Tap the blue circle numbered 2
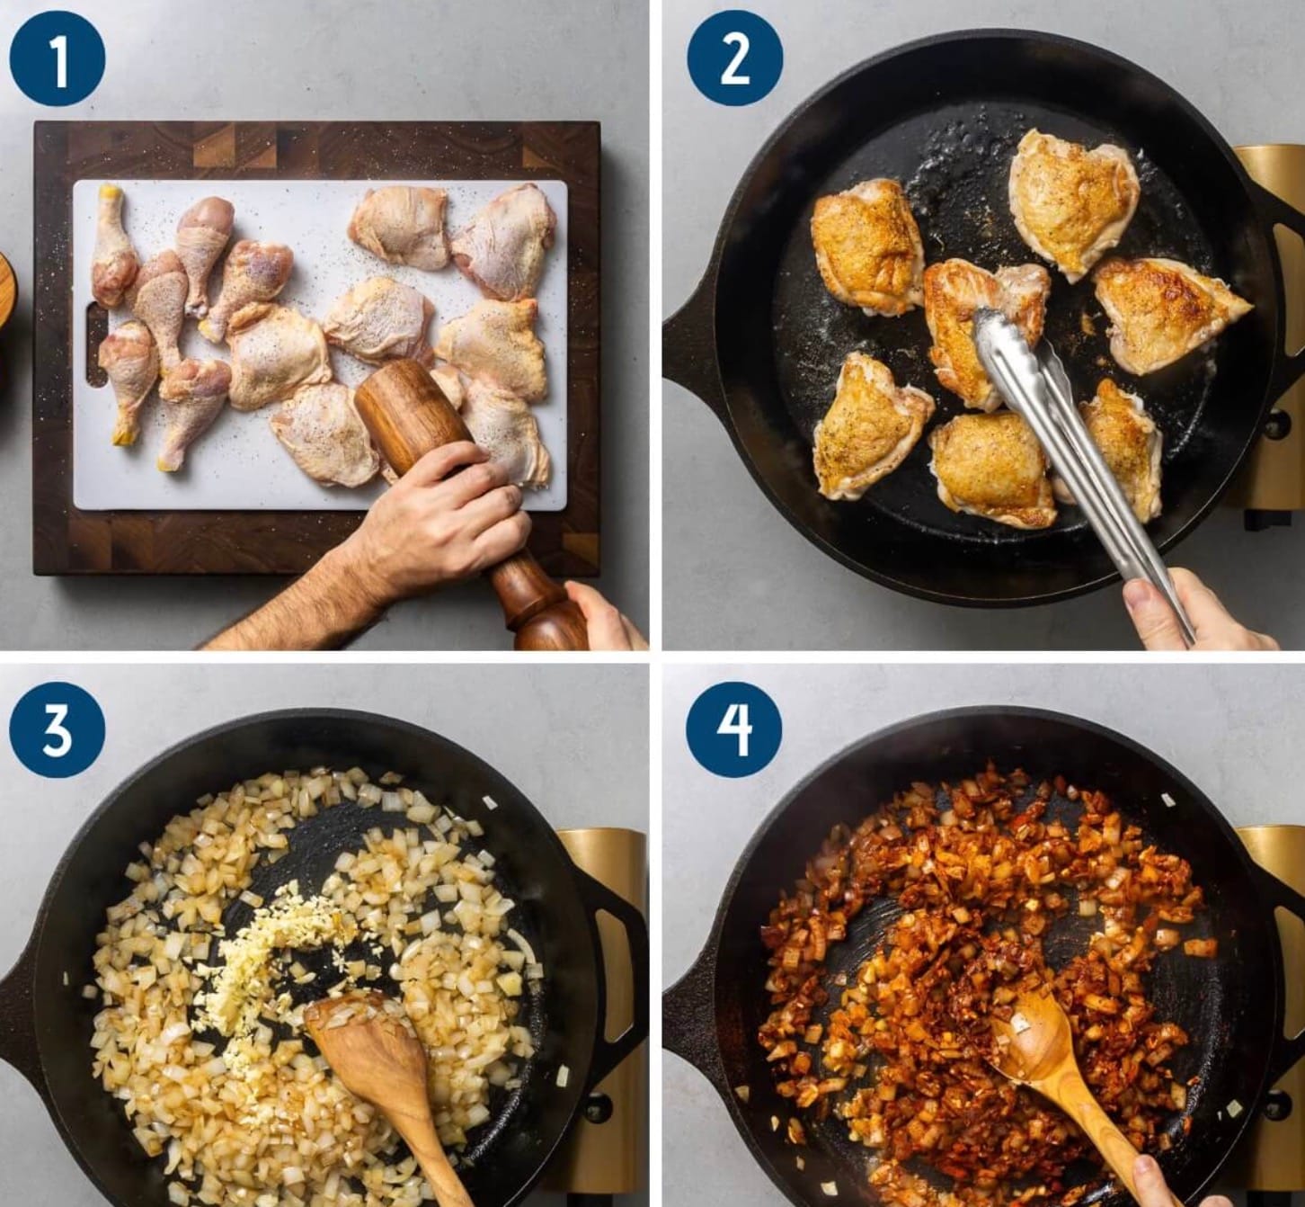[735, 58]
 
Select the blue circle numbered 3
[58, 731]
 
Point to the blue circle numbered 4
[734, 731]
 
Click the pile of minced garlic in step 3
[276, 947]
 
